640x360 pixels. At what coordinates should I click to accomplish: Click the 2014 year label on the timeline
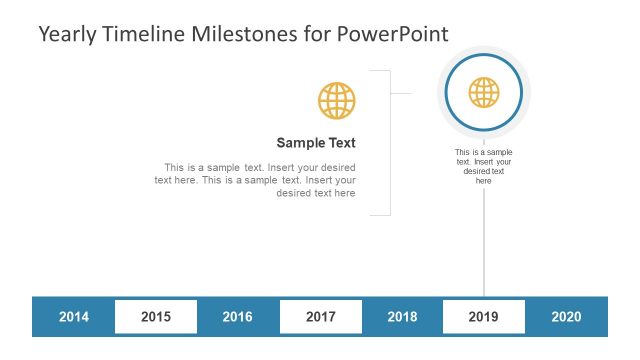(x=73, y=317)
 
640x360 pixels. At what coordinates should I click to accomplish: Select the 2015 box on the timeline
(x=155, y=317)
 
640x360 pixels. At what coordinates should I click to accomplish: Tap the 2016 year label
(x=237, y=317)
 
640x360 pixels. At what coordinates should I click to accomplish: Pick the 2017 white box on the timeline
(x=320, y=317)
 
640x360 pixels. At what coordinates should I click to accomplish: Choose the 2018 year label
(x=402, y=317)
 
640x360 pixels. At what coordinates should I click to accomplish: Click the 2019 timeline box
(x=484, y=317)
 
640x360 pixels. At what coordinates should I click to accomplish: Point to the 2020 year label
(x=566, y=317)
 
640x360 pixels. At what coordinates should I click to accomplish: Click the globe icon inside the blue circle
(x=484, y=93)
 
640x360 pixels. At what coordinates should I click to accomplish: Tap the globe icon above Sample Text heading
(x=336, y=101)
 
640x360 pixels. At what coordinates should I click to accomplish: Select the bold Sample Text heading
(x=316, y=143)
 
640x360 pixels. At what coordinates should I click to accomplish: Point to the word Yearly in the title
(x=69, y=33)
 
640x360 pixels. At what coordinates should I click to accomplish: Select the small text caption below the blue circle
(x=484, y=166)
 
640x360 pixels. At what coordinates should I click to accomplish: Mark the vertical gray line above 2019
(x=484, y=240)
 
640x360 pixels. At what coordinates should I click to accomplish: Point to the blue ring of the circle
(x=448, y=93)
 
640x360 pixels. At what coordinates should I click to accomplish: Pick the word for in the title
(x=319, y=33)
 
